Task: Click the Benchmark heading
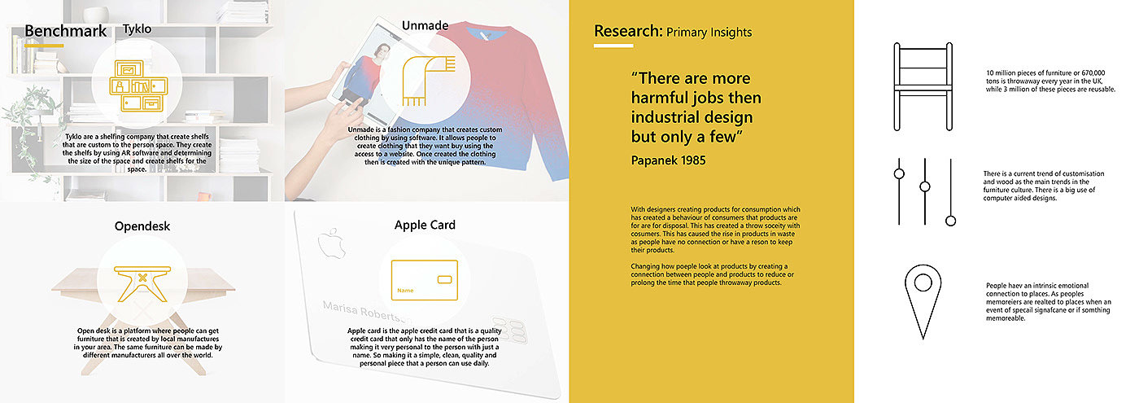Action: point(66,31)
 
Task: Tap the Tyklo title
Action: point(137,29)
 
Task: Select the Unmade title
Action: point(425,25)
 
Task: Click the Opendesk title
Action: point(142,226)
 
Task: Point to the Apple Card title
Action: point(425,225)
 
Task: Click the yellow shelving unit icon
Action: point(138,85)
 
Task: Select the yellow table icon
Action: point(142,283)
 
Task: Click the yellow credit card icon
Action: point(425,280)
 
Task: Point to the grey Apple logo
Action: point(331,243)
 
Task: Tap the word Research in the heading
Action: point(628,31)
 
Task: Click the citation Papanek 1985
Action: point(668,161)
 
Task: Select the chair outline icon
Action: point(923,86)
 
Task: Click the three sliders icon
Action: point(925,192)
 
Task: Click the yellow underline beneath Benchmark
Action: point(44,46)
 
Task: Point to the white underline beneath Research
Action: point(613,46)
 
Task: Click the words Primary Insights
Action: point(709,33)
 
